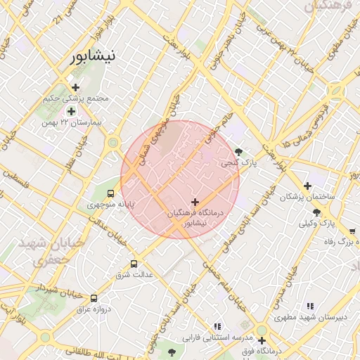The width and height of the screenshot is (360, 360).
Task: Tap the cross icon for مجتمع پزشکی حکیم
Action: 75,87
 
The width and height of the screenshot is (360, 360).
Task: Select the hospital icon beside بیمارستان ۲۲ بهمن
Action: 71,111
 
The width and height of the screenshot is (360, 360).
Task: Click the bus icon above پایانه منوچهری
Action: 110,193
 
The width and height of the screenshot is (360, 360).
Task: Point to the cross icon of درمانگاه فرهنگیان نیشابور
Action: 195,202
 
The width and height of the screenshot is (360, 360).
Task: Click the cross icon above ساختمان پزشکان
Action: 307,185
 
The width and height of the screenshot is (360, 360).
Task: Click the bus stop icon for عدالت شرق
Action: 134,264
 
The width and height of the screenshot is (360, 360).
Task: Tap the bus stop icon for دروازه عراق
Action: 94,297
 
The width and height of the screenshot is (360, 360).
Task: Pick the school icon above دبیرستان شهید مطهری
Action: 309,306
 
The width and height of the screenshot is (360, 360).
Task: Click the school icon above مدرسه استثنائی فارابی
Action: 217,326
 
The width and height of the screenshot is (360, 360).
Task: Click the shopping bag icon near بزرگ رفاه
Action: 352,230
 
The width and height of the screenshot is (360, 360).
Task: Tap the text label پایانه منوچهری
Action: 110,205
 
